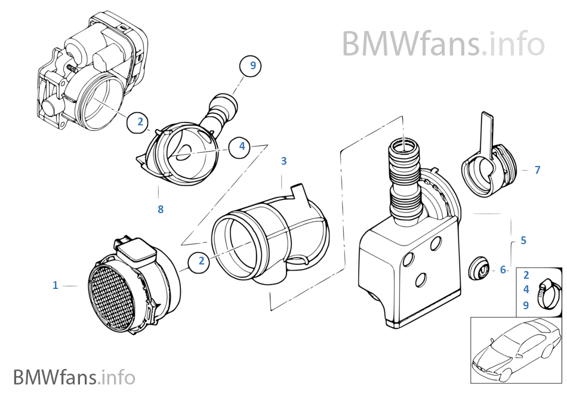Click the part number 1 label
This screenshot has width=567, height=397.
[55, 286]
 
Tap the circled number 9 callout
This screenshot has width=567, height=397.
[252, 66]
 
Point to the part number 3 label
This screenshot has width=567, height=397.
[283, 161]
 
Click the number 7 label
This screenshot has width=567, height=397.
[537, 170]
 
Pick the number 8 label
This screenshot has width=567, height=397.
[161, 210]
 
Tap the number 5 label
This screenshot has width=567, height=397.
[523, 241]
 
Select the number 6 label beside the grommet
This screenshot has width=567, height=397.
[503, 270]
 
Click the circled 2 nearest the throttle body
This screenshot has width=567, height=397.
[140, 122]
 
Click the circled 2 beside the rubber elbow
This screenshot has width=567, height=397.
[201, 261]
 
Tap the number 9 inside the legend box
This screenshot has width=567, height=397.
[526, 305]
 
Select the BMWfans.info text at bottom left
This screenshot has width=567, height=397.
[74, 377]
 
